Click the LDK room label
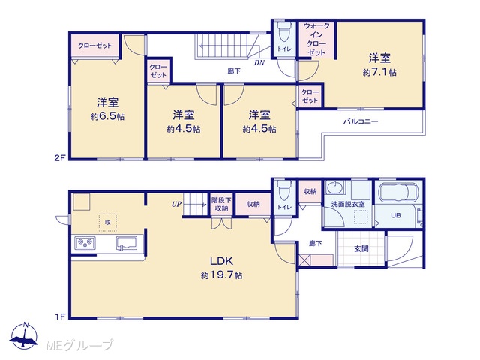[222, 261]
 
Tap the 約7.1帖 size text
[379, 73]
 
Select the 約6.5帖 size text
[107, 117]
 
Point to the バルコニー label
[361, 121]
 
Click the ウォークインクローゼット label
[316, 39]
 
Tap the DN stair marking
[259, 63]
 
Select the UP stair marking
[176, 204]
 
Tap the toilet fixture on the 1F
[284, 191]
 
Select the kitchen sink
[126, 244]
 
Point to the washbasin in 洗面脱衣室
[334, 187]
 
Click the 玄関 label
[361, 248]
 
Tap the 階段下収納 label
[221, 205]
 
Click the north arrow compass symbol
[24, 335]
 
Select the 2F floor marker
[60, 158]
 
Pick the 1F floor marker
[60, 316]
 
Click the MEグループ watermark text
[79, 345]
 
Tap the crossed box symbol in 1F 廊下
[305, 260]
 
